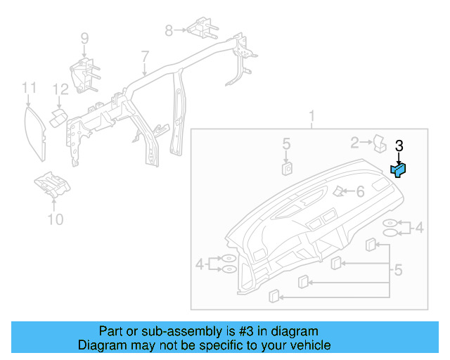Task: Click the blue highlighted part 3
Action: click(399, 169)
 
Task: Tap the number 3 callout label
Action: click(399, 146)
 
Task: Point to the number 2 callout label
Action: click(356, 143)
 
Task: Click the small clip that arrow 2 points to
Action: click(379, 143)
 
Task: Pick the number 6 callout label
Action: click(359, 191)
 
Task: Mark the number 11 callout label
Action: click(28, 88)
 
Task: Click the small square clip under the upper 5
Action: click(287, 168)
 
